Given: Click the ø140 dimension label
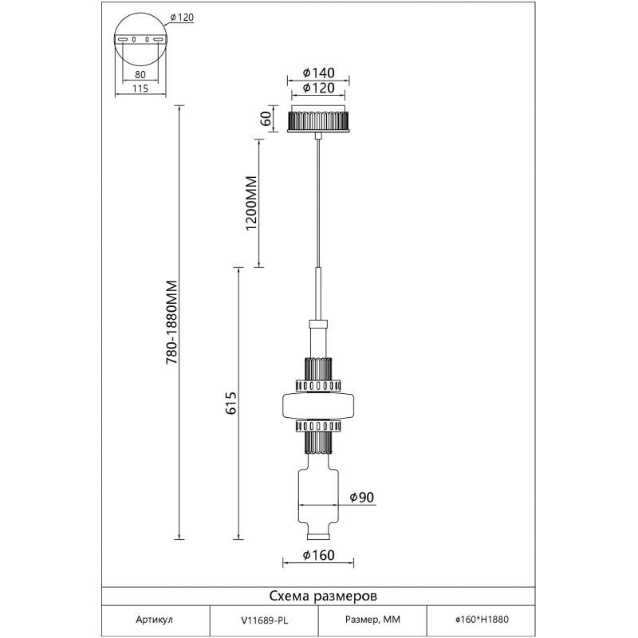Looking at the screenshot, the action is coord(318,73).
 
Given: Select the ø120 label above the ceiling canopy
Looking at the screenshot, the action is coord(318,88).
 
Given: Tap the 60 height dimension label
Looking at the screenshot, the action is coord(266,118).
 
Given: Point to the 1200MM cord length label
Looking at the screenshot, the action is coord(252,203).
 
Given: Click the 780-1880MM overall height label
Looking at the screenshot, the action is coord(172,322).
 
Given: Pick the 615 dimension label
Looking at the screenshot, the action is coord(230,404).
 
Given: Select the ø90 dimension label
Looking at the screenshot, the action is coord(362,497).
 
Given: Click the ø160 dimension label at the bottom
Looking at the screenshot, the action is coord(318,554).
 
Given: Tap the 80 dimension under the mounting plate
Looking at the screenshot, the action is coord(140,74).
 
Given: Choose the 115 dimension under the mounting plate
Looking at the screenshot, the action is coord(140,89).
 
